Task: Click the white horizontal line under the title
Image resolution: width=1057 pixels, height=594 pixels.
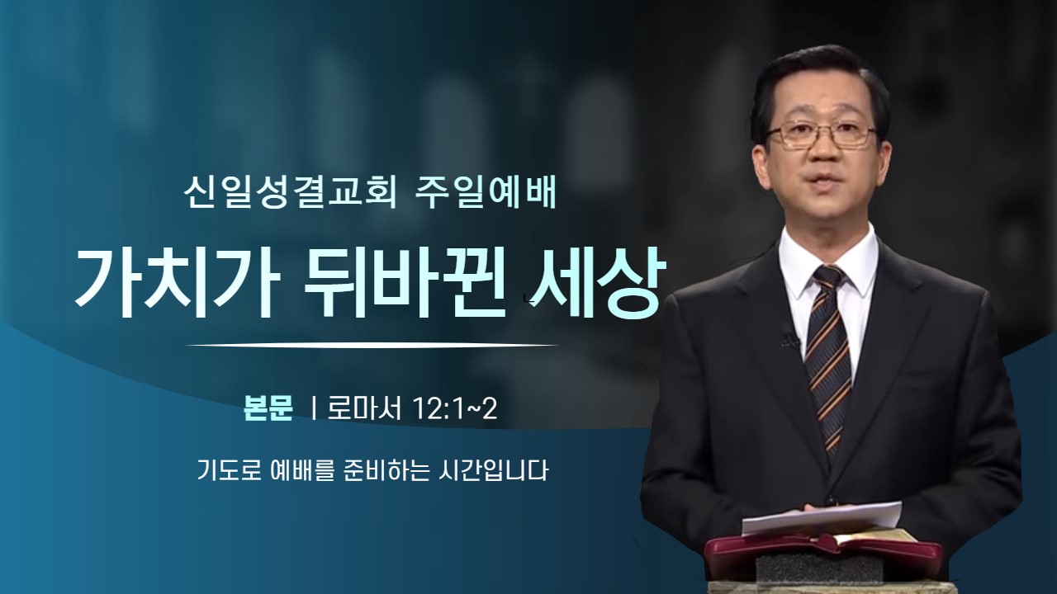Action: click(372, 346)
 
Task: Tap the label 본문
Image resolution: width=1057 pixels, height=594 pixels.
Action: click(268, 408)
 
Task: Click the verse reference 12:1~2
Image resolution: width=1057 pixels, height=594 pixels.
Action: click(455, 408)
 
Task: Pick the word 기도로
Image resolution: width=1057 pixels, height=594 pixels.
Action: click(229, 471)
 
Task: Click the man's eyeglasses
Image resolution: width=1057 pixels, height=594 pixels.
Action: click(822, 134)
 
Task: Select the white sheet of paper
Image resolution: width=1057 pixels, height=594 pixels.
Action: click(820, 518)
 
